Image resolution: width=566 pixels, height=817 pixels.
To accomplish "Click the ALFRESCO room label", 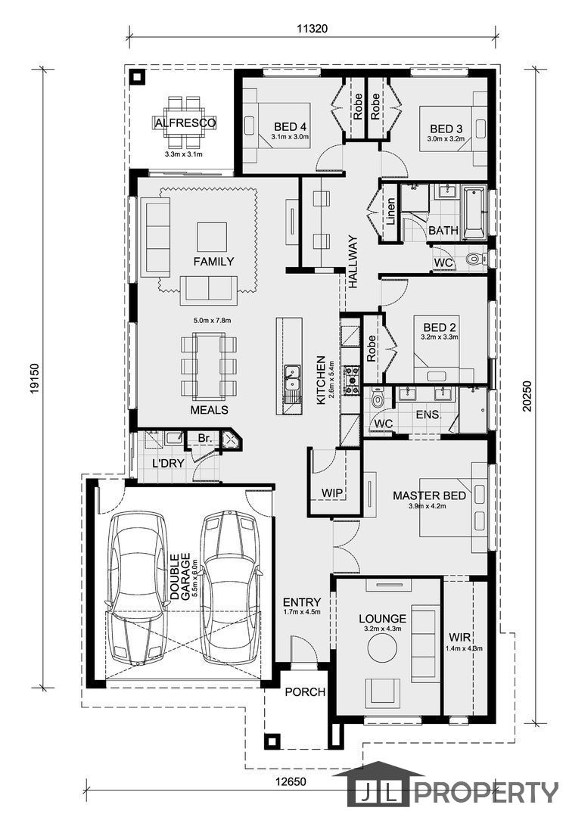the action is click(x=185, y=123).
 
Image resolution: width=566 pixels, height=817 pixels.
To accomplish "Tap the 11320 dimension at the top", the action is click(x=313, y=29).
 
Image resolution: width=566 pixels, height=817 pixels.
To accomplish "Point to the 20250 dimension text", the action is click(x=527, y=396).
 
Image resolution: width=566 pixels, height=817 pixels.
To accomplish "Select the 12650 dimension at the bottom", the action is click(x=291, y=781).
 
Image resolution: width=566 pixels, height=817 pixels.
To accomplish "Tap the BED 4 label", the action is click(x=290, y=126).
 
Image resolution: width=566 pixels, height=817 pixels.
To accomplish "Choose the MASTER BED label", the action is click(x=430, y=495).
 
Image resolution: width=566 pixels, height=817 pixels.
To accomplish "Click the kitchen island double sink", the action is click(x=292, y=377).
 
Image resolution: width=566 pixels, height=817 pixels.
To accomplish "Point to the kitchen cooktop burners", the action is click(x=351, y=379).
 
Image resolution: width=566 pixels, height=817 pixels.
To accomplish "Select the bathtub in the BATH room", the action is click(x=474, y=212).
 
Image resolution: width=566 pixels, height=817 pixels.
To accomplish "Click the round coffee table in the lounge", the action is click(x=383, y=648).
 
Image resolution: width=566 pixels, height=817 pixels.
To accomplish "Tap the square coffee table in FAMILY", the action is click(x=212, y=237).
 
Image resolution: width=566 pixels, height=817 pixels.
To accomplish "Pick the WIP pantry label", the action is click(x=332, y=493).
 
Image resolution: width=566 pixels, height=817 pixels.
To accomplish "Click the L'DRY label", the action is click(x=168, y=463).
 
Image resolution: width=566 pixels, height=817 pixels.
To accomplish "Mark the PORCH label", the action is click(x=305, y=692).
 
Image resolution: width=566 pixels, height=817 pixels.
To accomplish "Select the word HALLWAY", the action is click(x=353, y=262).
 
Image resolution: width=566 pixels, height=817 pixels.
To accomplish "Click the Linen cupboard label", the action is click(x=390, y=212).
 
